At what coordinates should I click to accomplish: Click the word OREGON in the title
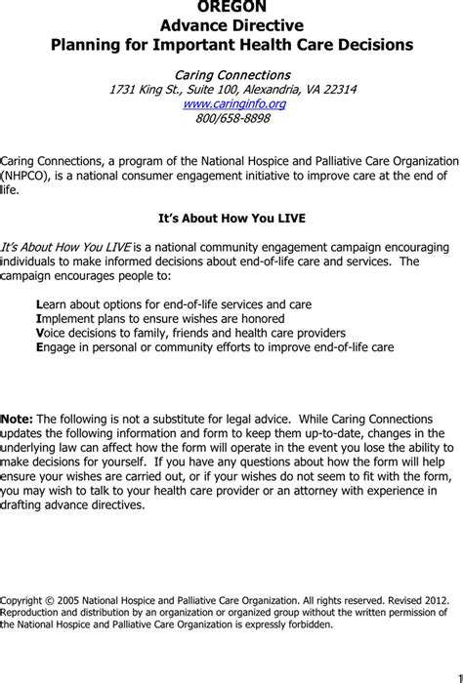coord(231,7)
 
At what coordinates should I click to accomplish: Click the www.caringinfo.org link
coord(231,104)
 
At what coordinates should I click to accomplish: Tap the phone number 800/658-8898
coord(231,119)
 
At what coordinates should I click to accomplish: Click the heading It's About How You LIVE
coord(231,219)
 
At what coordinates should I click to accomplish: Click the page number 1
coord(456,675)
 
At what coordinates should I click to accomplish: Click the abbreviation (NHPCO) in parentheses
coord(29,176)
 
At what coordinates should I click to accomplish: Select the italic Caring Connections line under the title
coord(231,75)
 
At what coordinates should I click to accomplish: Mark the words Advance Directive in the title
coord(231,25)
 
